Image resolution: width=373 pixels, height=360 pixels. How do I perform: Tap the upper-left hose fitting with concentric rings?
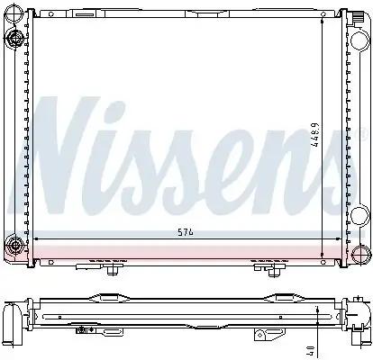coord(13,38)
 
